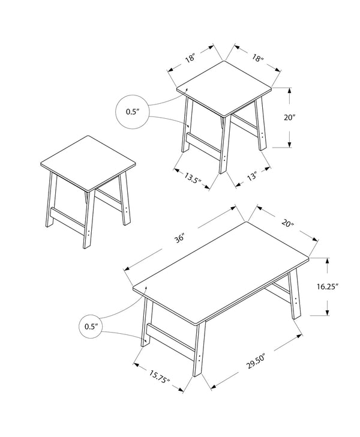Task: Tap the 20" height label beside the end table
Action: click(290, 118)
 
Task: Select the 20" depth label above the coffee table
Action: click(287, 225)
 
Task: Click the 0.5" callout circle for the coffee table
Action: click(91, 327)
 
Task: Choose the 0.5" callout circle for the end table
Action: click(131, 111)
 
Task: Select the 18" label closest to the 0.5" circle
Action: click(191, 59)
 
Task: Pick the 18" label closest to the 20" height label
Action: click(258, 59)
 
